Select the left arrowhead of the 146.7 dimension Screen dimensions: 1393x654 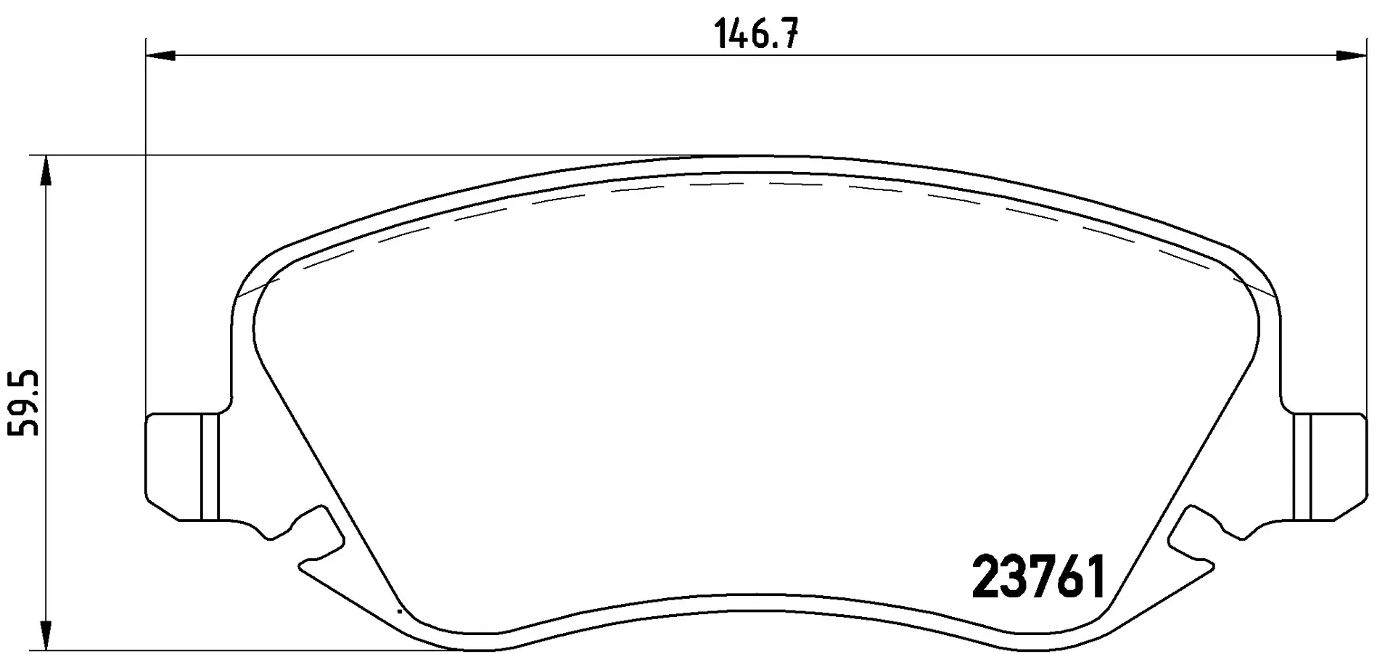pyautogui.click(x=160, y=54)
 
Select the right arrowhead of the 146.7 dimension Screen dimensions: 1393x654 pyautogui.click(x=1352, y=54)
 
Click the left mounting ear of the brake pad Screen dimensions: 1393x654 pyautogui.click(x=181, y=467)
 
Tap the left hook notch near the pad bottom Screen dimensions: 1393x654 pyautogui.click(x=313, y=541)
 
